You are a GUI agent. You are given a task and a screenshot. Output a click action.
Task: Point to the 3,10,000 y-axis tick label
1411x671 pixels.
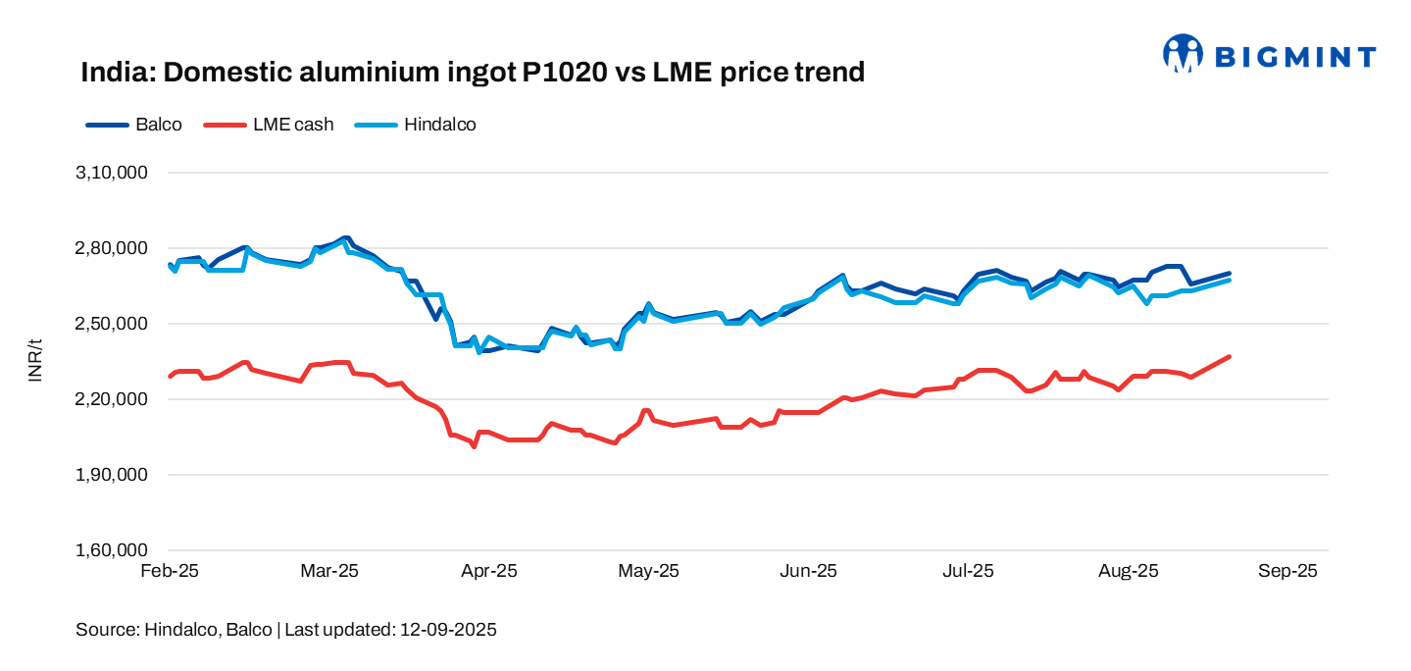111,173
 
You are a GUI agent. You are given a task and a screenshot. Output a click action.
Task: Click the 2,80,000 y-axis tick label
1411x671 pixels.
111,248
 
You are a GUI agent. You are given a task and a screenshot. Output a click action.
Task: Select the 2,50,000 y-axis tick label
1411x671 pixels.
111,324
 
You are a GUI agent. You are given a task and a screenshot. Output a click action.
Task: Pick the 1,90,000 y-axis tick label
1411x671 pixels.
111,475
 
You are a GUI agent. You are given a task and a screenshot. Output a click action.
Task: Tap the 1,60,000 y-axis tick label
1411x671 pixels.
111,550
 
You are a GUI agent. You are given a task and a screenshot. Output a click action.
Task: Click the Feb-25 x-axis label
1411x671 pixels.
170,571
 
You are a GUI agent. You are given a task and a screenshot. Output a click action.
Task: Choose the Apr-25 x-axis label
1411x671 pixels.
489,571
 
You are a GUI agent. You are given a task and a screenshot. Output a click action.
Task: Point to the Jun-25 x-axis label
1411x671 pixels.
809,571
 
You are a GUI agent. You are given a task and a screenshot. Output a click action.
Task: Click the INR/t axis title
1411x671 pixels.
36,360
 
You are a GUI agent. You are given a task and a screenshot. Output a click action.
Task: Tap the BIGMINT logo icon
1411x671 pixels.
1183,54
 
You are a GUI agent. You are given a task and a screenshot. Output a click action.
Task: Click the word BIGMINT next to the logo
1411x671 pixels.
1295,57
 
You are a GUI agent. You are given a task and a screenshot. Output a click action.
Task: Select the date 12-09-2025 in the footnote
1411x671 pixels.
448,630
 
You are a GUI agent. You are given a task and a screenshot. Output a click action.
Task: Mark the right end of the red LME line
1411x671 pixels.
1230,357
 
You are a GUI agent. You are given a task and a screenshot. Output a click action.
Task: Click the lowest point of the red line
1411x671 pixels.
475,446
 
